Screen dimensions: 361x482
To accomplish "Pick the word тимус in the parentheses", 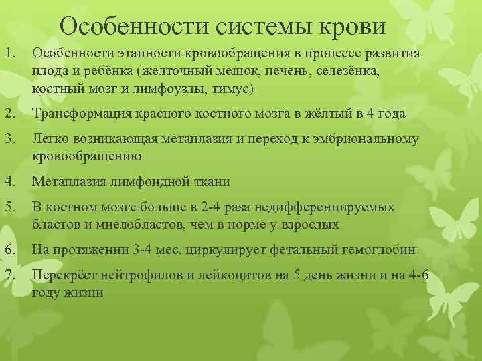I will click(x=233, y=88).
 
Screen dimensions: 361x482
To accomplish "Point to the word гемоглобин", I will click(x=377, y=250).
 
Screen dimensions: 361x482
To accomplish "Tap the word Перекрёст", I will click(x=63, y=275).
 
